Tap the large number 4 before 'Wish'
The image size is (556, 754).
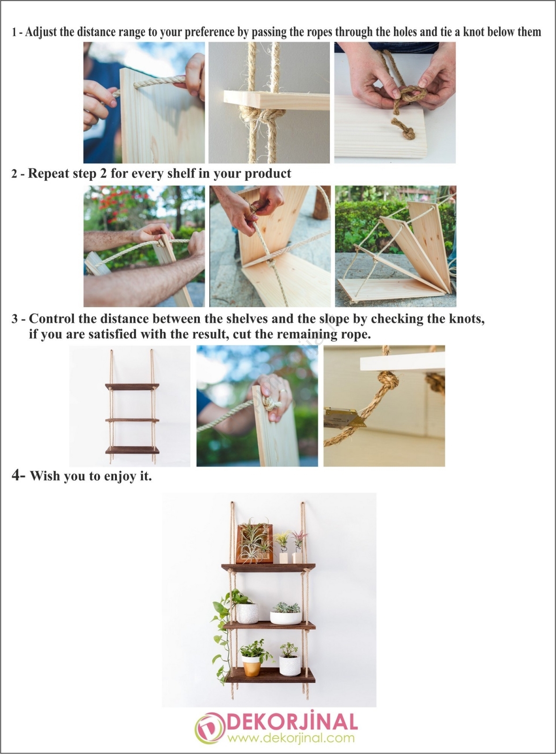tap(16, 475)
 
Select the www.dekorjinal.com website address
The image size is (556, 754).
tap(291, 738)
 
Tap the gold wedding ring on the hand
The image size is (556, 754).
tap(283, 391)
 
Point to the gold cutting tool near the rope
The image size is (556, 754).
tap(344, 418)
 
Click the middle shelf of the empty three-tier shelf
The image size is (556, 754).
tap(131, 420)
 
